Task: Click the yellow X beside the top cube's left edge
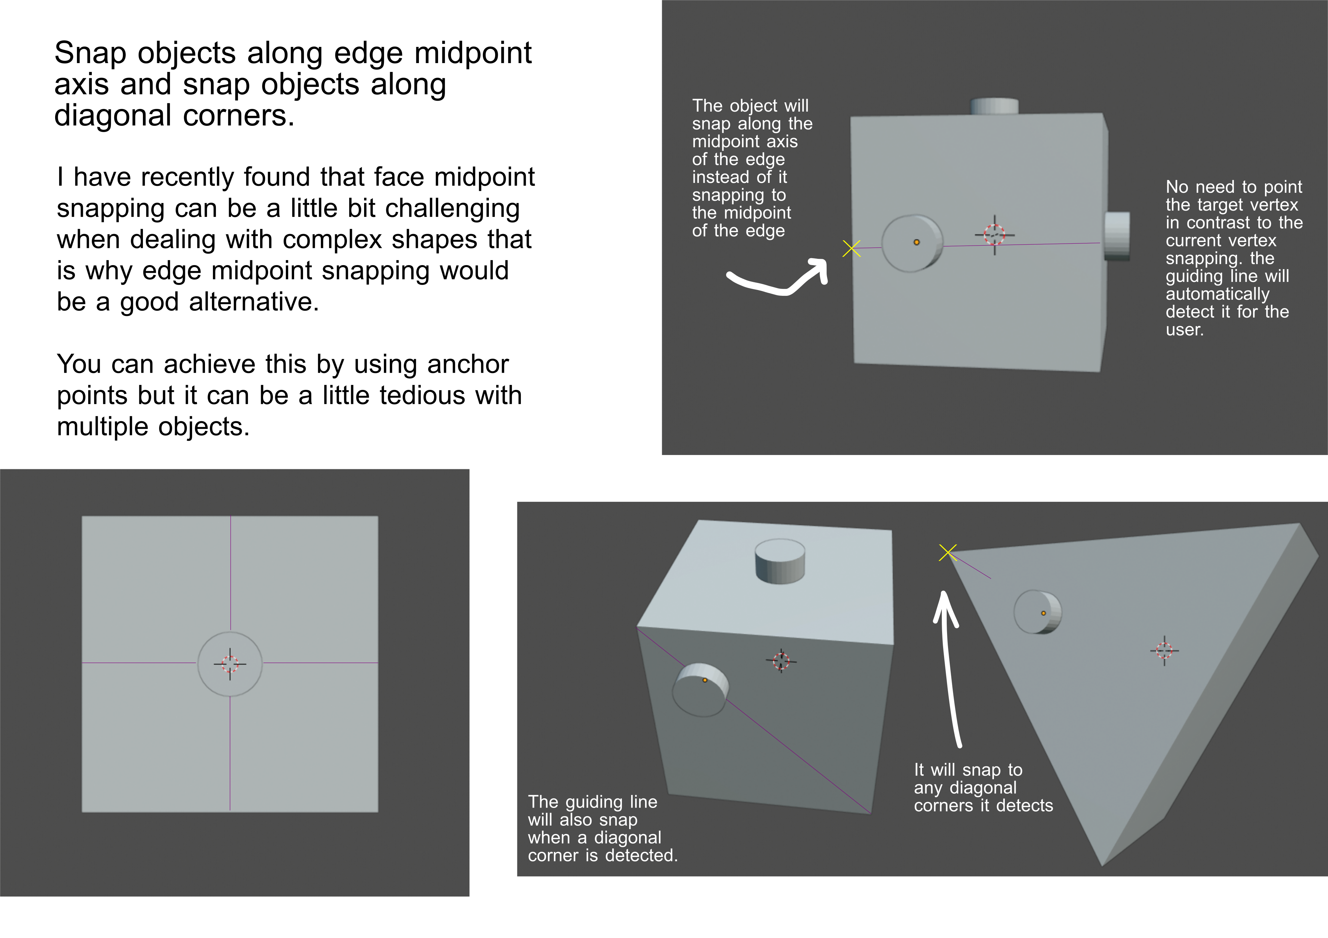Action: pyautogui.click(x=851, y=249)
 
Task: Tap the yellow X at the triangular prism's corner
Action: pyautogui.click(x=947, y=553)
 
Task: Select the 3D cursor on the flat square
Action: pyautogui.click(x=230, y=664)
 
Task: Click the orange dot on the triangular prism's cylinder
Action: pyautogui.click(x=1043, y=613)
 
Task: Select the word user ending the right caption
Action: pyautogui.click(x=1184, y=330)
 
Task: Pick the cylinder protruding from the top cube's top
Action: pyautogui.click(x=994, y=106)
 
